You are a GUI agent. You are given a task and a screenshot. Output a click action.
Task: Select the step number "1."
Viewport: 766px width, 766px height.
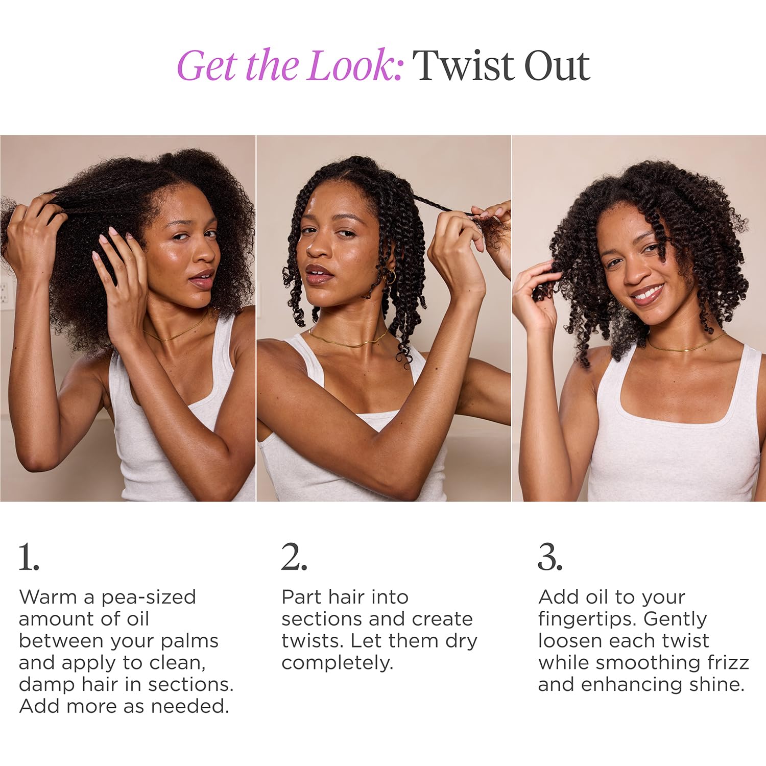(29, 557)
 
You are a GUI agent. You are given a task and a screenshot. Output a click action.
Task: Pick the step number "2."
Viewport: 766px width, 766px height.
(294, 557)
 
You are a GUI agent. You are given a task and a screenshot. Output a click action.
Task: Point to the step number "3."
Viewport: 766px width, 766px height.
(550, 557)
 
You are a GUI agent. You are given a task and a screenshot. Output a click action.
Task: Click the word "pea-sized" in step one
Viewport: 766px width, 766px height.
(149, 597)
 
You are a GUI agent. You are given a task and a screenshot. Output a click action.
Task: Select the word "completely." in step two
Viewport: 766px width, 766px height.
(337, 663)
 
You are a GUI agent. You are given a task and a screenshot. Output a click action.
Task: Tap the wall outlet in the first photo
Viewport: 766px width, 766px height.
(7, 293)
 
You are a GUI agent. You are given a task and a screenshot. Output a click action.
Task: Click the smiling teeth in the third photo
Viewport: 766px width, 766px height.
(645, 294)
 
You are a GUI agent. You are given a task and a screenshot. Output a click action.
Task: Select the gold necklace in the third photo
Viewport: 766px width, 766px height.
(684, 348)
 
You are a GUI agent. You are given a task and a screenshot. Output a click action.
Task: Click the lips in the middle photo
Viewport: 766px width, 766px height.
(318, 274)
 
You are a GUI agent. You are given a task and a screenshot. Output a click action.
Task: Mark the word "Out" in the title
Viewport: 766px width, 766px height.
(557, 66)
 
